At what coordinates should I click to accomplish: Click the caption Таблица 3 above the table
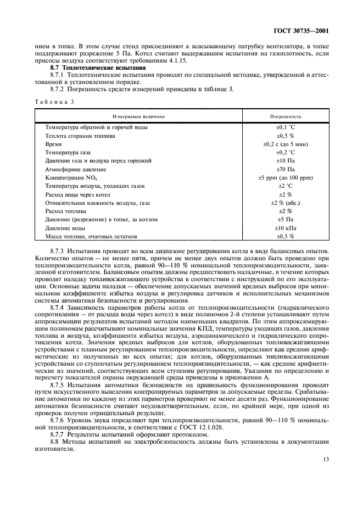[54, 102]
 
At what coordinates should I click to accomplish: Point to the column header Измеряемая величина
[138, 117]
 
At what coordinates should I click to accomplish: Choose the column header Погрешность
[285, 117]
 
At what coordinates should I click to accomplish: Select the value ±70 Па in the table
[285, 169]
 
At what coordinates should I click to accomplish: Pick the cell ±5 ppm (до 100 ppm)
[285, 178]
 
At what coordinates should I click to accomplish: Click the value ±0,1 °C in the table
[285, 127]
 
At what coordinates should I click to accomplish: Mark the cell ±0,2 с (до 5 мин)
[285, 144]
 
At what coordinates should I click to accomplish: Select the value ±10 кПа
[285, 228]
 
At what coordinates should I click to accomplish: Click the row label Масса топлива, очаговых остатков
[91, 236]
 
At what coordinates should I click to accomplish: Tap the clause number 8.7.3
[58, 250]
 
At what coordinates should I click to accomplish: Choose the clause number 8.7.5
[58, 386]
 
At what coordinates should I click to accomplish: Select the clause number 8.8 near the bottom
[54, 442]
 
